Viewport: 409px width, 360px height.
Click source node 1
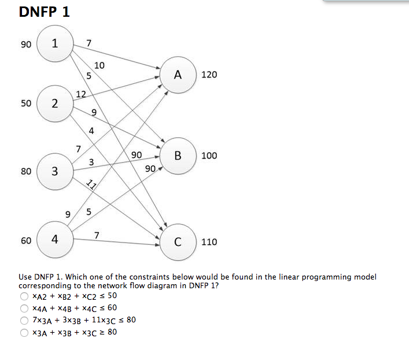[x=54, y=43]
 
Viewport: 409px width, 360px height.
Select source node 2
[x=54, y=104]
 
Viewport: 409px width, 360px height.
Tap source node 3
[x=54, y=171]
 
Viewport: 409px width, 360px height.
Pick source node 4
[x=54, y=239]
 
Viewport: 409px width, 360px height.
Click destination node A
[x=178, y=75]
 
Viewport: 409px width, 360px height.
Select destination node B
[x=178, y=155]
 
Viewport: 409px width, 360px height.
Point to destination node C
[x=178, y=241]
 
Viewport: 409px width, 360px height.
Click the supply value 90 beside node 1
[x=26, y=44]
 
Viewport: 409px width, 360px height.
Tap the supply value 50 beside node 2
[x=26, y=104]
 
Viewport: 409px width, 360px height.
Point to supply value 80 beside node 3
[x=26, y=171]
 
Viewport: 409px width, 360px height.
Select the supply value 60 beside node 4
[x=26, y=240]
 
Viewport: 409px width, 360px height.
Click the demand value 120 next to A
[x=209, y=75]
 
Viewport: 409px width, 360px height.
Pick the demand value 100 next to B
[x=209, y=156]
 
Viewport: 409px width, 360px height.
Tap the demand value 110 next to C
[x=209, y=241]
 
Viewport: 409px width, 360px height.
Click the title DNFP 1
[x=44, y=12]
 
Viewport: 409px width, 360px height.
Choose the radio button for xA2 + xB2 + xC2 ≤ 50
[x=24, y=296]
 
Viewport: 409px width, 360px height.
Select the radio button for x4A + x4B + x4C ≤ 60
[x=24, y=308]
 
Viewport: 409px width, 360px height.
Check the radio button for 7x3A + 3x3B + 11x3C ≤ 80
[x=24, y=320]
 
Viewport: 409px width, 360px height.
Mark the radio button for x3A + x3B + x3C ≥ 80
[x=24, y=332]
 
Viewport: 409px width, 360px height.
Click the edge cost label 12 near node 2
[x=81, y=94]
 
